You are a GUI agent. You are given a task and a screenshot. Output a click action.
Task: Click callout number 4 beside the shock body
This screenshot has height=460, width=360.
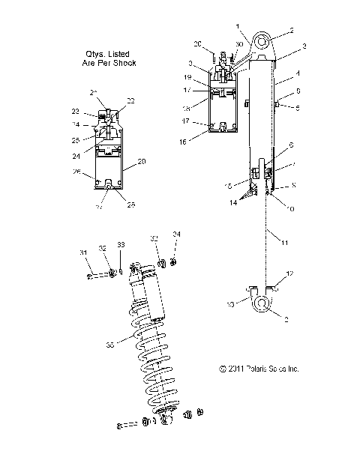(298, 73)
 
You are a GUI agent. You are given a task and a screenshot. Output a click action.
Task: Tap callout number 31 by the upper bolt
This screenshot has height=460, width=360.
(83, 252)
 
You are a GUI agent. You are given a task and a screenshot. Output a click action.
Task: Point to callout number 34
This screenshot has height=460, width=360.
(177, 234)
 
